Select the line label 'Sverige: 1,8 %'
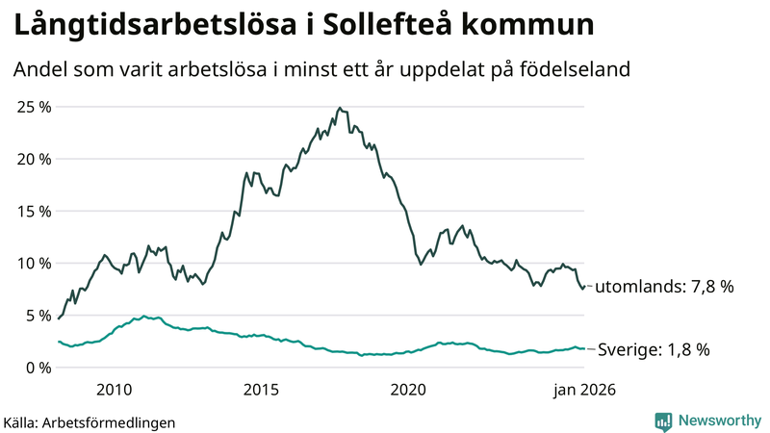point(654,349)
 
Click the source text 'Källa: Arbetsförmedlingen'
point(90,421)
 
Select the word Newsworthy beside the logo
point(718,420)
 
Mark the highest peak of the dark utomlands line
point(340,108)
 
